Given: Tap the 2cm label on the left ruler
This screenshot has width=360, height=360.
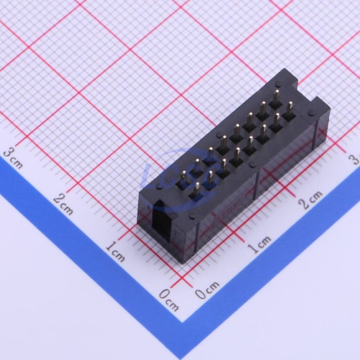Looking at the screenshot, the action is [x=63, y=204].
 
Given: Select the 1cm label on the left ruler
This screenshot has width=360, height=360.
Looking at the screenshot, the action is [x=115, y=252].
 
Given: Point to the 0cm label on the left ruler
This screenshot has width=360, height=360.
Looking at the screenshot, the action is [x=169, y=300].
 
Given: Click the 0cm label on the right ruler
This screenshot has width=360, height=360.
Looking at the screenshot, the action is [x=207, y=290].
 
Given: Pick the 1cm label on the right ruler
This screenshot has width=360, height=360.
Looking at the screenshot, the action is [x=259, y=245].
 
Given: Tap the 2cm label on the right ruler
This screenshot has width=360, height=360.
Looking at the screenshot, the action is [x=310, y=199].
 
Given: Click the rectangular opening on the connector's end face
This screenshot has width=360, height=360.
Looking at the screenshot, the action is [x=162, y=221].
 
